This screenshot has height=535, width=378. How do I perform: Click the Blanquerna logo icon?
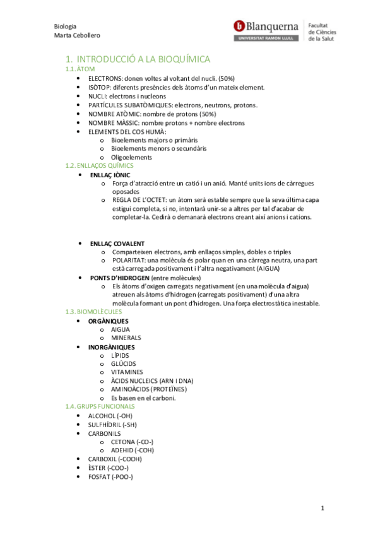coord(239,26)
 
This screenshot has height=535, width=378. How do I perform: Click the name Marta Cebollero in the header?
coord(78,35)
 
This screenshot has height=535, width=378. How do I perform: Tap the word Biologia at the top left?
coord(66,26)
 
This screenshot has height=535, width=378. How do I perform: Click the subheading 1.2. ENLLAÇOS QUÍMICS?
coord(100,165)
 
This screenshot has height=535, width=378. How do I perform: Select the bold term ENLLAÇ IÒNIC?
coord(111,174)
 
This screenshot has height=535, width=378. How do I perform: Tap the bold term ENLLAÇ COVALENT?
coord(117,243)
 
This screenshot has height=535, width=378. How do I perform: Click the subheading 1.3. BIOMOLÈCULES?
coord(94,312)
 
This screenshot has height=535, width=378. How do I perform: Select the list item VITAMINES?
coord(127,372)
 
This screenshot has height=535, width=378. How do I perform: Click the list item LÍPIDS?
coord(120,355)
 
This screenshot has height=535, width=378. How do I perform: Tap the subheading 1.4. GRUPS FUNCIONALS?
coord(100,407)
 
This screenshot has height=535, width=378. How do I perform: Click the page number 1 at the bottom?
coord(322,509)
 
